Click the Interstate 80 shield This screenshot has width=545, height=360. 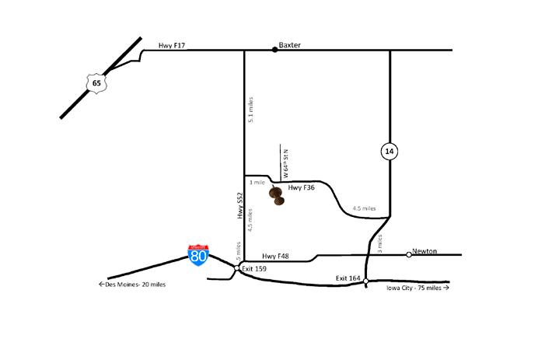199,255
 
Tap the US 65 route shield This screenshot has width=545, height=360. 95,80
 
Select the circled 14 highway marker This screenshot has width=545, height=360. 390,152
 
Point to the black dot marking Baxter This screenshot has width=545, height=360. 274,50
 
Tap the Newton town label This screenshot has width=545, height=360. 424,250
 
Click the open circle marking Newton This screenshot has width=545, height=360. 409,254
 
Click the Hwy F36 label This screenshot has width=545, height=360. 302,188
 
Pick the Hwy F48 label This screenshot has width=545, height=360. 276,256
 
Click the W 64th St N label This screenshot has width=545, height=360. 286,163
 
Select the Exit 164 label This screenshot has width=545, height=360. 349,278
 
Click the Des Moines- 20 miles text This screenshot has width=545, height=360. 131,285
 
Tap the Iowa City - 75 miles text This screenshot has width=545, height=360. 417,288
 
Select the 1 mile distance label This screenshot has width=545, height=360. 257,182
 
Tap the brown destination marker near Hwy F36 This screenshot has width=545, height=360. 276,196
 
